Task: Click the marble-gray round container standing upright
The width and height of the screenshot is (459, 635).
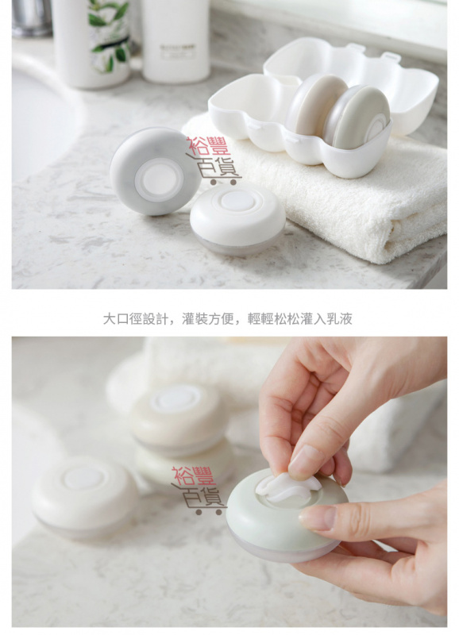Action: pos(155,171)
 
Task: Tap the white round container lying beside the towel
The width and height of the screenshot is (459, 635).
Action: pos(237,219)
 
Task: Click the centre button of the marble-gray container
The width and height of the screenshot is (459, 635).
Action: pos(159,179)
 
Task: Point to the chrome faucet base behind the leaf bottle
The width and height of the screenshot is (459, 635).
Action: pos(32,18)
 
